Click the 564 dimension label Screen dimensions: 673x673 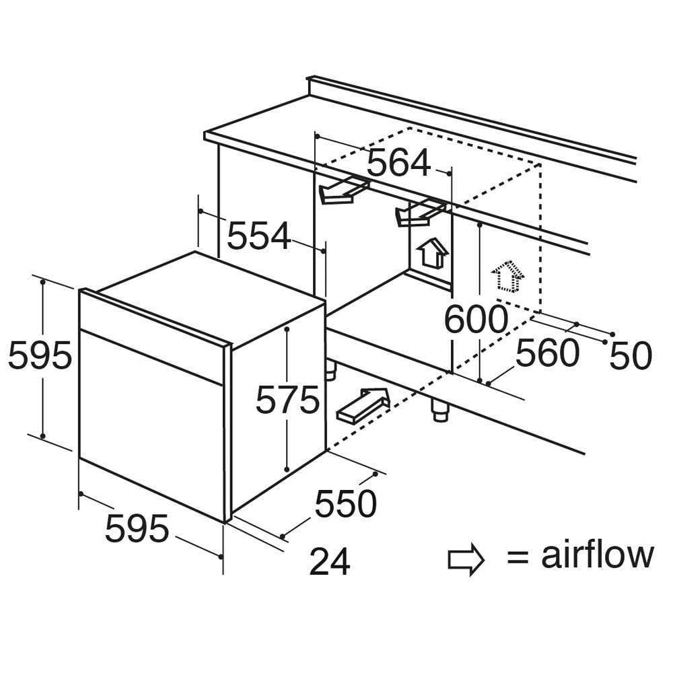pyautogui.click(x=398, y=163)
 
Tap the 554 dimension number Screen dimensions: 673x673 pyautogui.click(x=259, y=236)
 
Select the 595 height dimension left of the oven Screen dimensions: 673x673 pyautogui.click(x=40, y=355)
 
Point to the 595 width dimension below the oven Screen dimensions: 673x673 pyautogui.click(x=137, y=528)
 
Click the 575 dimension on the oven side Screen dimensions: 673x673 pyautogui.click(x=287, y=400)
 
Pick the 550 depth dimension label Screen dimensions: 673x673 pyautogui.click(x=345, y=503)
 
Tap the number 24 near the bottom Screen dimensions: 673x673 pyautogui.click(x=330, y=561)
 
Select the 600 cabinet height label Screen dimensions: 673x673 pyautogui.click(x=476, y=319)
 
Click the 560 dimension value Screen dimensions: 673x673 pyautogui.click(x=548, y=353)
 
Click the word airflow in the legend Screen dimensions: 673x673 pyautogui.click(x=598, y=555)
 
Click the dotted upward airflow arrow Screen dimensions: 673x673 pyautogui.click(x=508, y=277)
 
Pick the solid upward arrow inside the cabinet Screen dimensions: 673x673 pyautogui.click(x=433, y=253)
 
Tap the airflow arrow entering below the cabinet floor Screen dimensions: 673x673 pyautogui.click(x=363, y=405)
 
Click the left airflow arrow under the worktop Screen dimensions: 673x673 pyautogui.click(x=343, y=190)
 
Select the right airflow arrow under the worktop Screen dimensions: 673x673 pyautogui.click(x=420, y=213)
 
